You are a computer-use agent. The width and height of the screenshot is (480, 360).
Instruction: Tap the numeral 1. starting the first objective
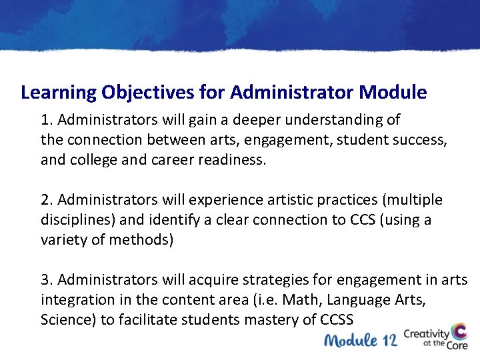coord(47,120)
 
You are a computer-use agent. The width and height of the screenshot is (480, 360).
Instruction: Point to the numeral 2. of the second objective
coord(47,200)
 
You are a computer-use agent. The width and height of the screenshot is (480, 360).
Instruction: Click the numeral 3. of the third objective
coord(47,280)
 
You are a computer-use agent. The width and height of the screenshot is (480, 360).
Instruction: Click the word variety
coord(63,240)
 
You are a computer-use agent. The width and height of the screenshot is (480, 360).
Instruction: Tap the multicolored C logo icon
coord(459,334)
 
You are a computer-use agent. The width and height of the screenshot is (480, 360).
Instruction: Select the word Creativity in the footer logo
coord(426,331)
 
